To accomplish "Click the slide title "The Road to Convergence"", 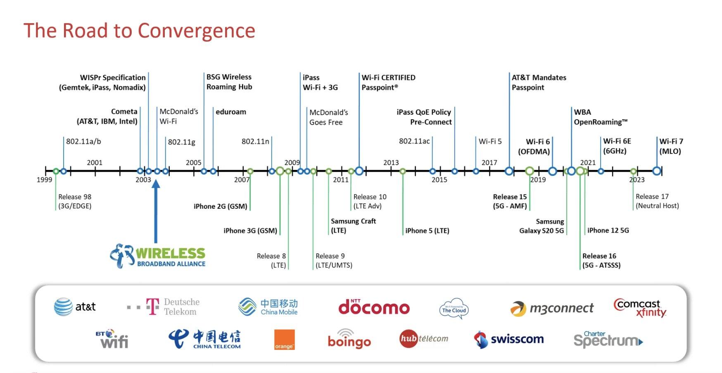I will [139, 31].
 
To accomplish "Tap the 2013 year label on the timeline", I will [391, 163].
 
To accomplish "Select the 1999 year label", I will [44, 179].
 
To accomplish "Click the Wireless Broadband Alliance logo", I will [158, 256].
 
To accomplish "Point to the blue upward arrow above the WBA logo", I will [156, 210].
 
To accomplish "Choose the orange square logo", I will [284, 340].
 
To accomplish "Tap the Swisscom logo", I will [509, 340].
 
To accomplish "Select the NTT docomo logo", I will [374, 307].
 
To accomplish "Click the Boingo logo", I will [349, 340].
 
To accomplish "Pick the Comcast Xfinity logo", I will [640, 308].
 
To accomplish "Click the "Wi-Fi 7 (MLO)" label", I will [671, 146].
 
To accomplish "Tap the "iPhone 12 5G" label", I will [608, 230].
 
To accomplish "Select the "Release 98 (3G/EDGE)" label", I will [75, 201].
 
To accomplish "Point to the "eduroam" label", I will [230, 112].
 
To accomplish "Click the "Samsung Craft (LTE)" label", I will [353, 226].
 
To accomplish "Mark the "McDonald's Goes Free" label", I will [328, 117].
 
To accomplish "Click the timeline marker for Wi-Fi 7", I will [657, 171].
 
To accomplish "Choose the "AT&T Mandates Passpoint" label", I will [539, 83].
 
